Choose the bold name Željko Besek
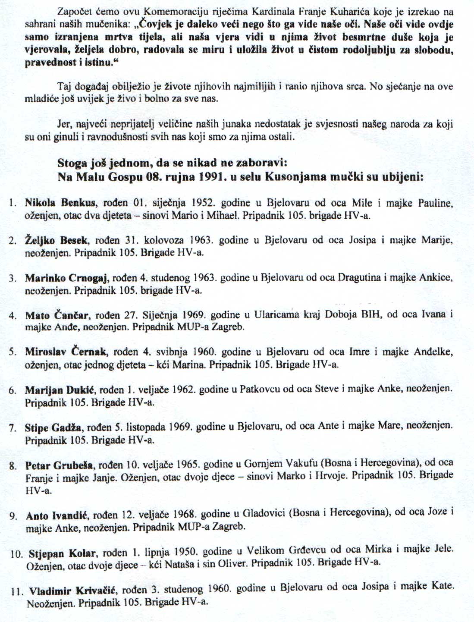[57, 240]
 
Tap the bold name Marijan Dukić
[60, 390]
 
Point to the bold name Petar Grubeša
[59, 465]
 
